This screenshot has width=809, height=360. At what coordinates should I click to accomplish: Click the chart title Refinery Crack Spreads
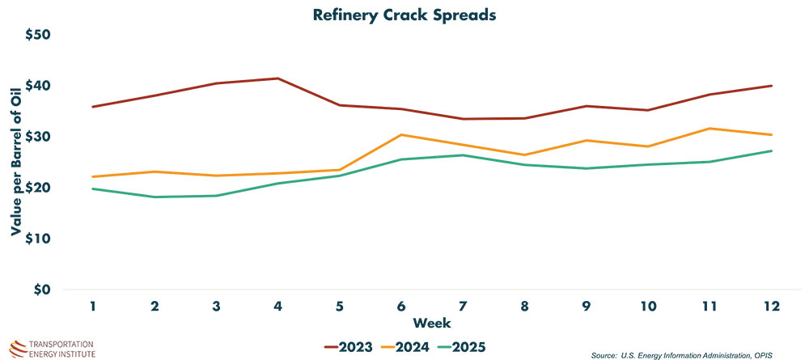(x=404, y=15)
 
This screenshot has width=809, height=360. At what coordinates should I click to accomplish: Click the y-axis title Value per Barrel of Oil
(x=15, y=163)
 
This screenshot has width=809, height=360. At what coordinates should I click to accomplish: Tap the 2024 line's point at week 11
(x=709, y=129)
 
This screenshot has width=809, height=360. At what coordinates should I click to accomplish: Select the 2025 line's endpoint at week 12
(x=770, y=151)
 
